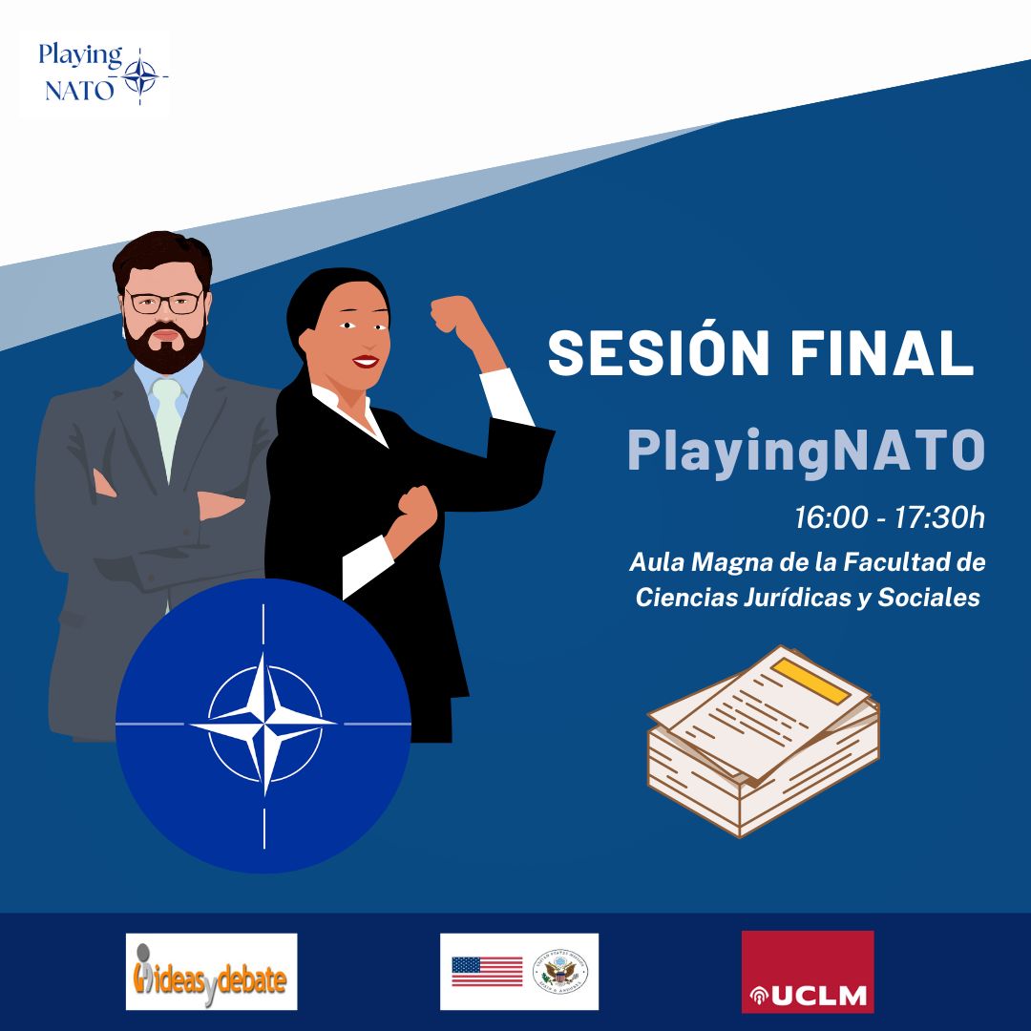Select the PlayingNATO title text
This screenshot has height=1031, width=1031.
tap(805, 452)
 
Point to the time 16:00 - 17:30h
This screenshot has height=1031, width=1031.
tap(889, 518)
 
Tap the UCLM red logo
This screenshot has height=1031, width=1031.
tap(808, 971)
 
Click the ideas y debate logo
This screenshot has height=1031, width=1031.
tap(211, 972)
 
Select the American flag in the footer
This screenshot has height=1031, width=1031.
tap(487, 972)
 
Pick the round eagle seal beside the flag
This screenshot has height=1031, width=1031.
tap(560, 971)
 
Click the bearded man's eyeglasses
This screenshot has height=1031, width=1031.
tap(165, 303)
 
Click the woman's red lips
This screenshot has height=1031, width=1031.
tap(364, 362)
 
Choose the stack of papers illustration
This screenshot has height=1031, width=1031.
tap(764, 740)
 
